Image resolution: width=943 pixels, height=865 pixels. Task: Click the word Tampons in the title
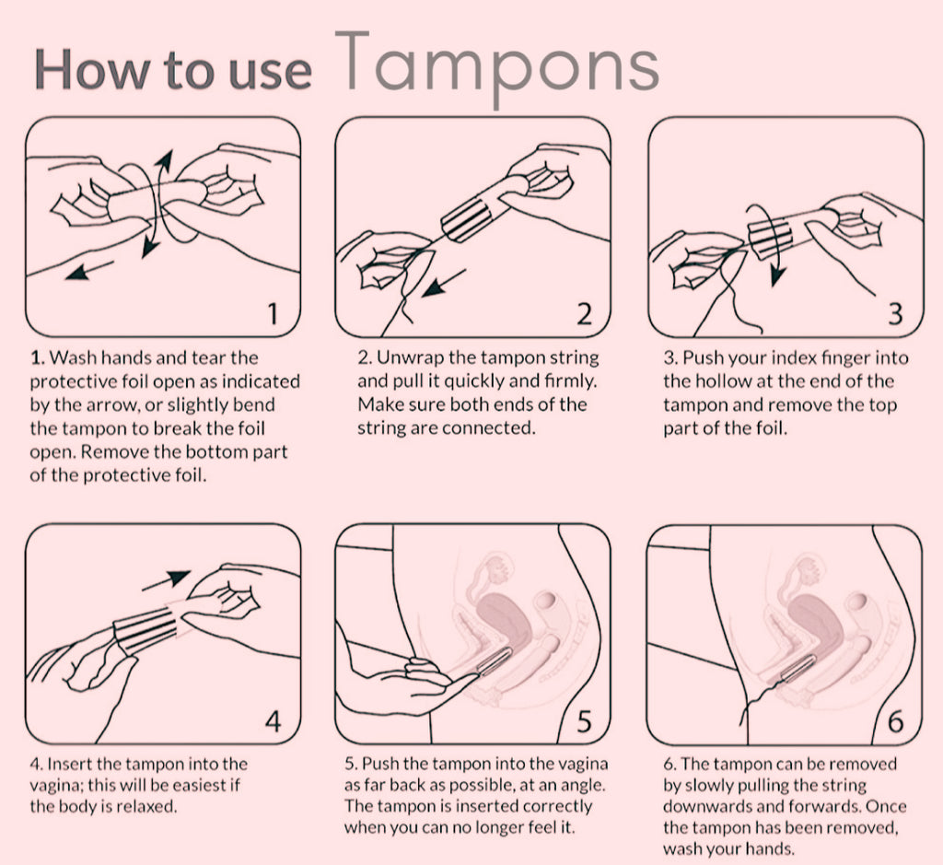(x=496, y=65)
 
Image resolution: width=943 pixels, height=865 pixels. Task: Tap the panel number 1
(x=273, y=313)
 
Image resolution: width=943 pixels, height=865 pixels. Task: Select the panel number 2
(x=584, y=313)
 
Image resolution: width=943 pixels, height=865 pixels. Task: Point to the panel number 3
(x=895, y=313)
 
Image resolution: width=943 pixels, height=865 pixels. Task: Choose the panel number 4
(x=273, y=720)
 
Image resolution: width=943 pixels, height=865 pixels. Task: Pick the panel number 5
(x=584, y=720)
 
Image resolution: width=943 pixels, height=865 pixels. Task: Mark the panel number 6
(x=895, y=720)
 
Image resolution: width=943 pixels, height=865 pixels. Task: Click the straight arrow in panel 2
(x=444, y=283)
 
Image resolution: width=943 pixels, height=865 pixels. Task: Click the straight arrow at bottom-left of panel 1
(x=89, y=270)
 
